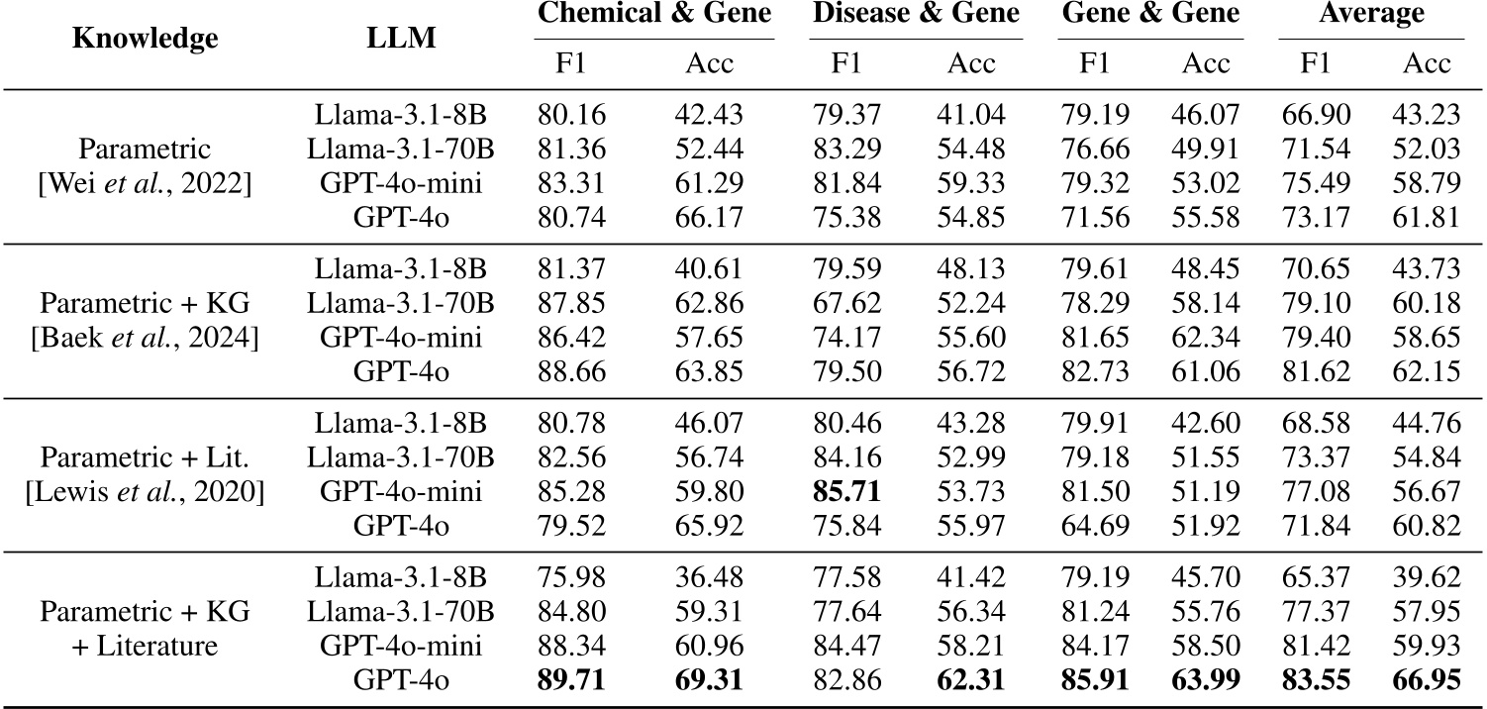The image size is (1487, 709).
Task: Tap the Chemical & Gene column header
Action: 653,14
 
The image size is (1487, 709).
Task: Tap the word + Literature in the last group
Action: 146,648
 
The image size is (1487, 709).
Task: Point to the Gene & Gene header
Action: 1149,14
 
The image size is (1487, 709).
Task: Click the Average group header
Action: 1371,14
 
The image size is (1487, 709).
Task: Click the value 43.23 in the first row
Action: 1427,115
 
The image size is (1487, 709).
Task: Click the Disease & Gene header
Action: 916,14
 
